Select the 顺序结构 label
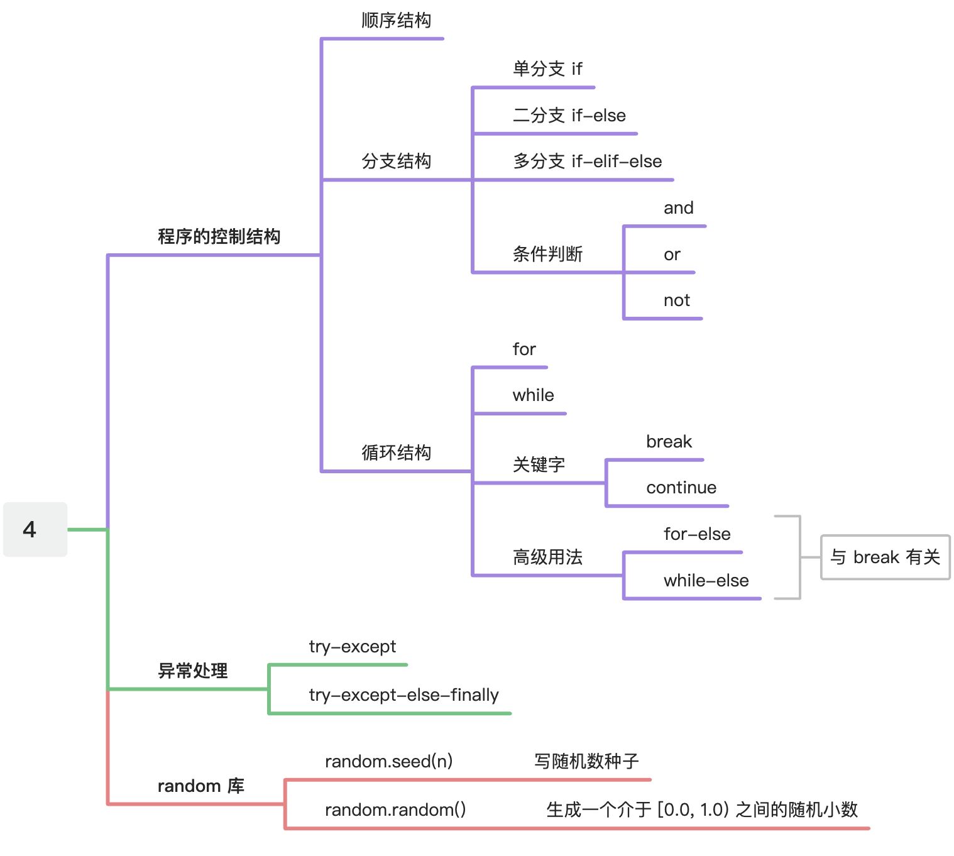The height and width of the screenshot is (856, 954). (x=396, y=21)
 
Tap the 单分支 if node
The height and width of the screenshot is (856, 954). (x=547, y=69)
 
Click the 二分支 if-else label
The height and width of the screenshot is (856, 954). (x=569, y=115)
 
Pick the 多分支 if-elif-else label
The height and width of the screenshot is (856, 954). (x=587, y=162)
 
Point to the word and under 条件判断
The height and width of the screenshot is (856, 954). (x=678, y=208)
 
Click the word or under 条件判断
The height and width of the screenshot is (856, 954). (x=671, y=255)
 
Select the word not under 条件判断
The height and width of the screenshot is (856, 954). (x=676, y=300)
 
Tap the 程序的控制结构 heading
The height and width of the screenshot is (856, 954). (x=219, y=237)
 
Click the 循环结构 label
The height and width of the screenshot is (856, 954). (x=396, y=453)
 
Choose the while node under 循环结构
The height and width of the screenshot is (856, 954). (x=533, y=395)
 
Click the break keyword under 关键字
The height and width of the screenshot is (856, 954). (x=669, y=442)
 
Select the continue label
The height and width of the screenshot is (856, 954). (x=681, y=488)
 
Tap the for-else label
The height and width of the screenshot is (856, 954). (x=696, y=534)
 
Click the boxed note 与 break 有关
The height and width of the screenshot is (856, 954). (x=885, y=557)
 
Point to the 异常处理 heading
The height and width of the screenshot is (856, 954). (x=192, y=671)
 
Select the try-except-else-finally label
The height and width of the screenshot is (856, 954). (x=403, y=695)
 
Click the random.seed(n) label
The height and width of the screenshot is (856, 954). (x=388, y=762)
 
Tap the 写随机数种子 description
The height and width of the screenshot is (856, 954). (x=586, y=762)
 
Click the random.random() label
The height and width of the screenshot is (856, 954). (x=395, y=809)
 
